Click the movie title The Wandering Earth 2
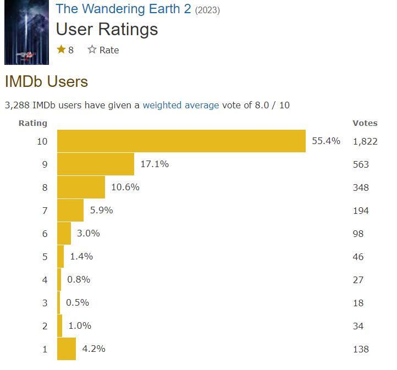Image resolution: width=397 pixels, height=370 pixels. point(123,9)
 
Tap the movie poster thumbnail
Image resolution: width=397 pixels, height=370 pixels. point(26,32)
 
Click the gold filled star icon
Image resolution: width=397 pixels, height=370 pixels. point(61,49)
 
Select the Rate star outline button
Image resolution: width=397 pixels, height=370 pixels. point(92,50)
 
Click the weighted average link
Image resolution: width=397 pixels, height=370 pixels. point(180,105)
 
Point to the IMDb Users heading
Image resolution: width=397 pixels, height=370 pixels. point(46,81)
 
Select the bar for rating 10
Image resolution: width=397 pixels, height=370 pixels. point(181,141)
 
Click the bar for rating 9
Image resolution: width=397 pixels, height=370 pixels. point(96,164)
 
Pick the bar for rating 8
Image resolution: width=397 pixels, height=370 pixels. point(81,187)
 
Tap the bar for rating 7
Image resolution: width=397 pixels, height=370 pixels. point(70,210)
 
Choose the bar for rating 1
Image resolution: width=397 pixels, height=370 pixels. point(67,349)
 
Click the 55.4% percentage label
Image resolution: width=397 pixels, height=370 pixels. point(326,141)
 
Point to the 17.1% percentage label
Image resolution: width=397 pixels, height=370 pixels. point(155,164)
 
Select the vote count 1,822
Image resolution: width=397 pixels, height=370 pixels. point(365,141)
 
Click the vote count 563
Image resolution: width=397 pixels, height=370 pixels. point(361,164)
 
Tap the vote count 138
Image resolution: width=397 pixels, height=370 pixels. point(361,349)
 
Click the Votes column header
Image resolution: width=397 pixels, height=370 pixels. point(365,123)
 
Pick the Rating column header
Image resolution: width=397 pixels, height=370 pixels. point(33,123)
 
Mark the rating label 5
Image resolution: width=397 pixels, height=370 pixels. point(45,257)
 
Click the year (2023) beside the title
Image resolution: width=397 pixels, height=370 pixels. point(207,10)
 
